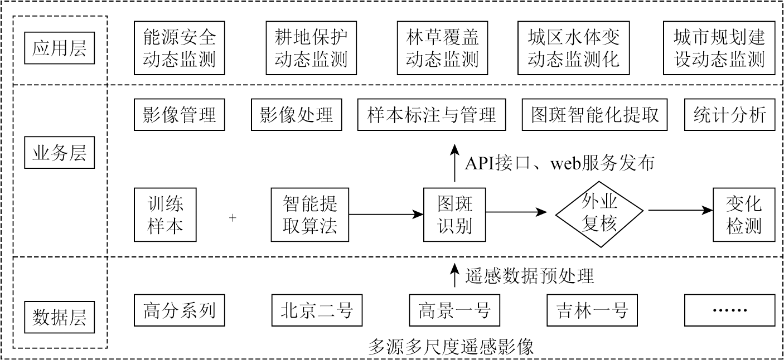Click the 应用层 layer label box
60,49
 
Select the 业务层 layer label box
60,152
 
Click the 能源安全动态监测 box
179,48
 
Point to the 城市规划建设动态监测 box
719,48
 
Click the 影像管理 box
179,115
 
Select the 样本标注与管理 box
432,115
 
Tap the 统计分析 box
729,115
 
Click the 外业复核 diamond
599,215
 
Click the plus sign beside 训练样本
233,218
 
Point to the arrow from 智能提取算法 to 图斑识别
386,213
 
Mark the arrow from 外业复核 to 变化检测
680,211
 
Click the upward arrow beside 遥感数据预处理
455,275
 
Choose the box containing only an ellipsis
729,310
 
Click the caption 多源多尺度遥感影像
451,347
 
